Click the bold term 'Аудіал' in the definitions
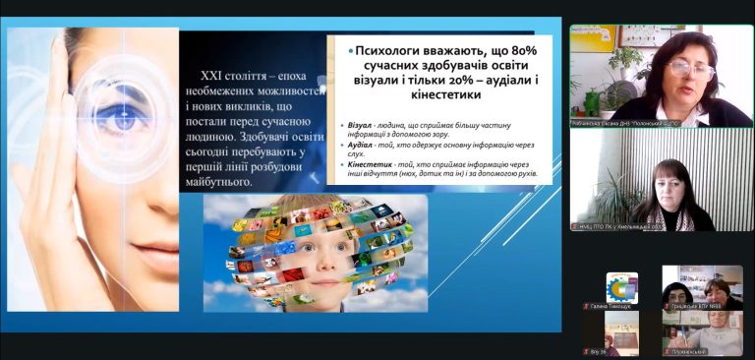[x=359, y=146]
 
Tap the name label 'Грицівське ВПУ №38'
[x=699, y=306]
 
